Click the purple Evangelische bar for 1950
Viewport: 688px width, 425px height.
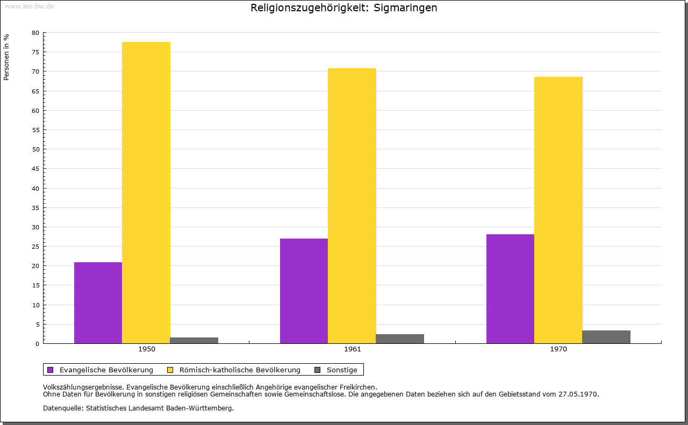[x=98, y=302]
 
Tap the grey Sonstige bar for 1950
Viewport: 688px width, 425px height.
[x=194, y=340]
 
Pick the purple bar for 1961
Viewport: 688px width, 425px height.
[x=304, y=291]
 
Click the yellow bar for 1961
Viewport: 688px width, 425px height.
[x=352, y=206]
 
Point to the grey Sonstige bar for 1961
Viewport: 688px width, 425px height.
[x=400, y=338]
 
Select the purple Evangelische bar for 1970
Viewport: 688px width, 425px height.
[x=510, y=289]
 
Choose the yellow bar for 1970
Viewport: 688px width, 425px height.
[x=558, y=210]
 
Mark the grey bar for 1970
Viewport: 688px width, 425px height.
[x=606, y=337]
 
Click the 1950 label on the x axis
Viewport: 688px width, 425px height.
[x=147, y=349]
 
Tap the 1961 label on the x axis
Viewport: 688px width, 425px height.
[x=353, y=349]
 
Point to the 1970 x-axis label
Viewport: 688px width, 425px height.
[x=558, y=349]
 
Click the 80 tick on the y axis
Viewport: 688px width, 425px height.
[x=35, y=33]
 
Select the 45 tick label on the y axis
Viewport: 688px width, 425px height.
[x=35, y=169]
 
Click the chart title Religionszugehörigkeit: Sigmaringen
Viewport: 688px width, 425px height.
[x=344, y=8]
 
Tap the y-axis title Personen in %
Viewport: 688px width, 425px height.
[x=6, y=57]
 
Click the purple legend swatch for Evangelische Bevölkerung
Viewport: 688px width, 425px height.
[x=51, y=370]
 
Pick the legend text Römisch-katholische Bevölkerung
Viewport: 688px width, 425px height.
[x=240, y=370]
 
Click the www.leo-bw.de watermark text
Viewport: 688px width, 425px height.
[x=28, y=5]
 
